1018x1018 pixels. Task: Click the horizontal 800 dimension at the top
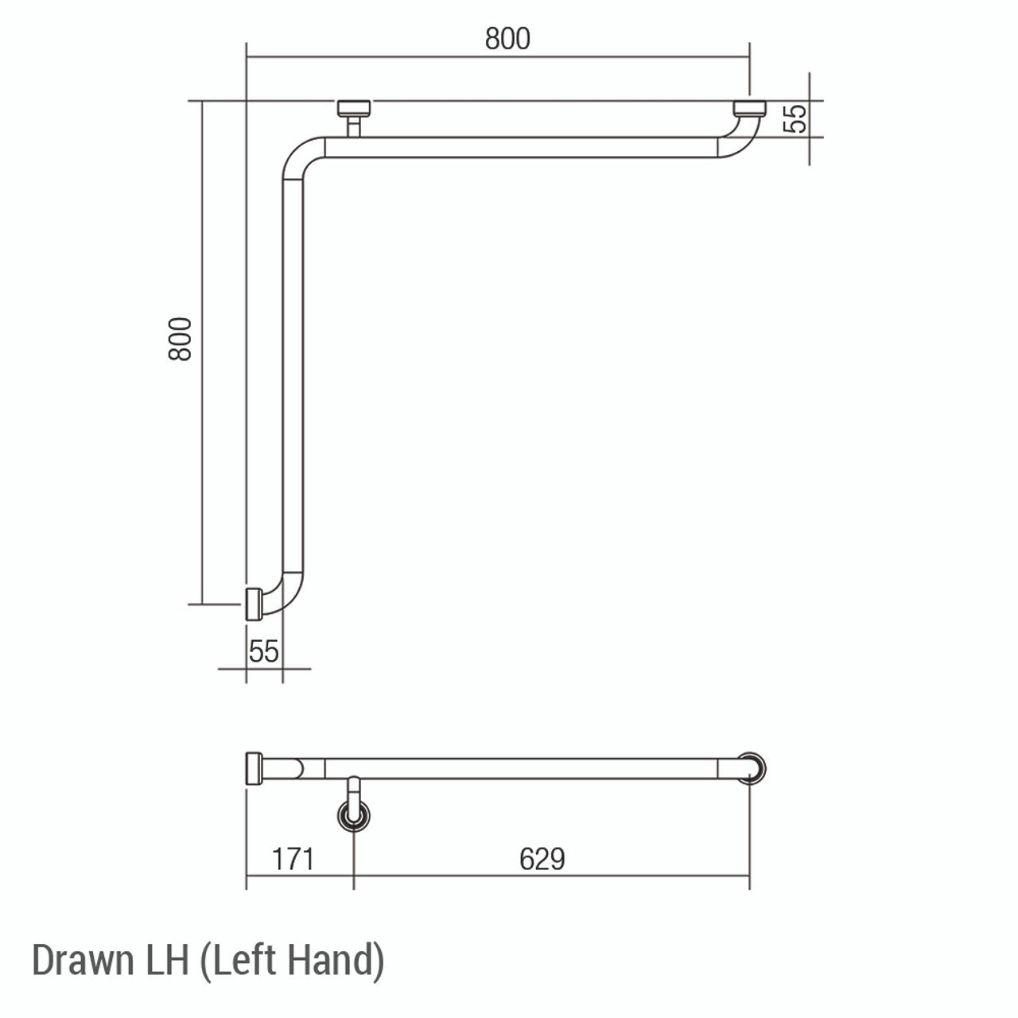tap(507, 38)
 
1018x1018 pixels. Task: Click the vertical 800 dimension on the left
tap(181, 339)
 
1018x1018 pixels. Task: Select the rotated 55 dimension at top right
tap(795, 119)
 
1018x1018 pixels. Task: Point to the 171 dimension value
tap(293, 859)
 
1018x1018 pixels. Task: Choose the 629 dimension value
tap(542, 859)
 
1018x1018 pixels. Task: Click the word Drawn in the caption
tap(82, 960)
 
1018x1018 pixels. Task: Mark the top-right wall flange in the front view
tap(748, 107)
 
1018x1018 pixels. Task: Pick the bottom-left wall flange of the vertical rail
tap(254, 604)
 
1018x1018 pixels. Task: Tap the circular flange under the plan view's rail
tap(354, 815)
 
